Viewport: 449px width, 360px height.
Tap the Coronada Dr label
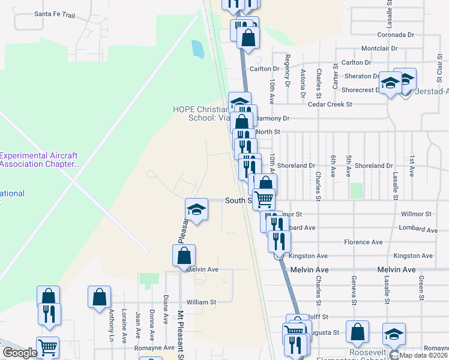tap(396, 35)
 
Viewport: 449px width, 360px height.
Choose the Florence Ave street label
tap(363, 242)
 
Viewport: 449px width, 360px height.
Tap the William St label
tap(201, 302)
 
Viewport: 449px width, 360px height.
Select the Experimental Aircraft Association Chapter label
tap(39, 160)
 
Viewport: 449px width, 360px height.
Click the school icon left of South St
tap(196, 209)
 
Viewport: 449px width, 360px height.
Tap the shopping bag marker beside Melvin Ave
tap(184, 256)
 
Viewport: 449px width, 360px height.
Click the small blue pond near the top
tap(196, 48)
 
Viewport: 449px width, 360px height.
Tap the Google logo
tap(19, 353)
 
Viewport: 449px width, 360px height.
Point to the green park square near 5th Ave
tap(357, 191)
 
